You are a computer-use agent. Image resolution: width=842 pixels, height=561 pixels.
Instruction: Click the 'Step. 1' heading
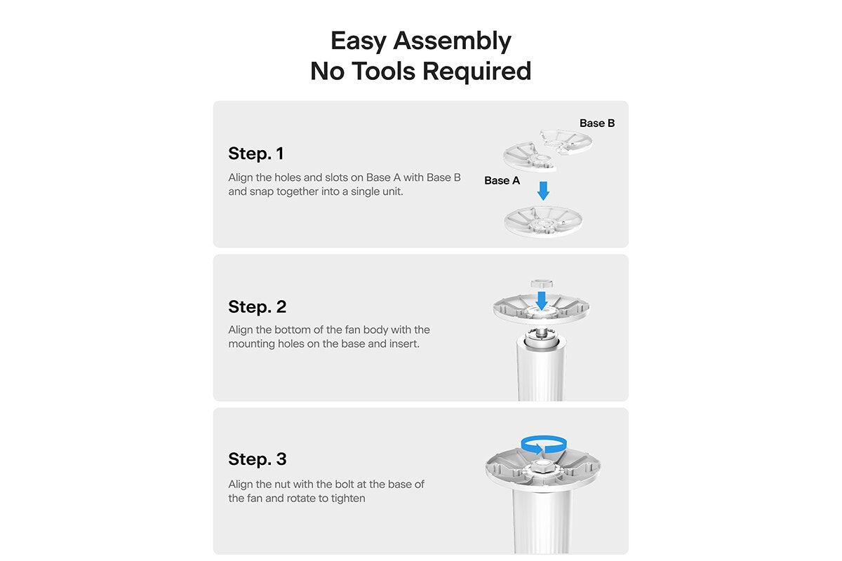pos(255,154)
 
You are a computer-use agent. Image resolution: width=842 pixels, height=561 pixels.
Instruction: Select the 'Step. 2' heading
pos(257,306)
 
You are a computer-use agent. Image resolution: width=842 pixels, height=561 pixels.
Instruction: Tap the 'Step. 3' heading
pos(257,459)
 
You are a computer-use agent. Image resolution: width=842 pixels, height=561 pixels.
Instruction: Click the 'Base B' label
pos(597,123)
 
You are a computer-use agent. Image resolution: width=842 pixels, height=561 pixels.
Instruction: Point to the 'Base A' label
pos(502,181)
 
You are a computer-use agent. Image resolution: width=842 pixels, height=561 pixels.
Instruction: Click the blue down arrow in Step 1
pos(543,191)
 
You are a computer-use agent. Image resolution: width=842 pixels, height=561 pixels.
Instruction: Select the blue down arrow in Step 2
pos(542,301)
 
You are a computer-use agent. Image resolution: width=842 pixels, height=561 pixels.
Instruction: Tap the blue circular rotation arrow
pos(544,445)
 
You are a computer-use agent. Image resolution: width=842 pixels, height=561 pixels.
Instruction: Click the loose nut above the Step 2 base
pos(541,283)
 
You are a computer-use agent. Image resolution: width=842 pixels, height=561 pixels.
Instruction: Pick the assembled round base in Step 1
pos(543,222)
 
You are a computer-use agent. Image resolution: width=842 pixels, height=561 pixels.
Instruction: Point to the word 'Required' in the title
pos(476,72)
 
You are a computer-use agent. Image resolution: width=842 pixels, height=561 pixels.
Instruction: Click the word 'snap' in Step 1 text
pos(260,192)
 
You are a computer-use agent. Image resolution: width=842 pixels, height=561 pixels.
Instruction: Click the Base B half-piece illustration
pos(566,142)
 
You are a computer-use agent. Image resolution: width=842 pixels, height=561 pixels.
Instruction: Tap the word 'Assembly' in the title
pos(452,41)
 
